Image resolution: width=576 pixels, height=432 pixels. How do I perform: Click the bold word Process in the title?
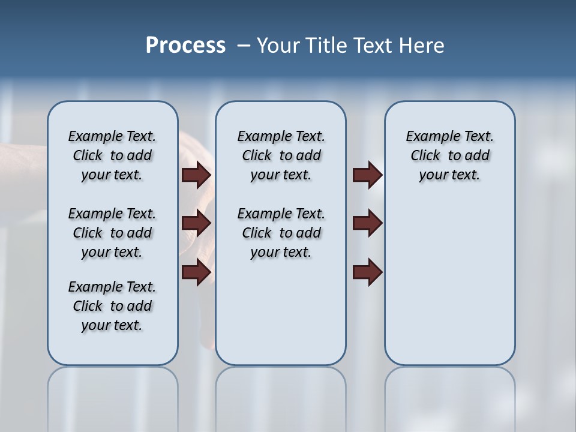pos(185,46)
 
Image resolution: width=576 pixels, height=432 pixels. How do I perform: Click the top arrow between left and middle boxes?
pos(196,175)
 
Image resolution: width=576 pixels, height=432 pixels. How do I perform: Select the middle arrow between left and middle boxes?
pos(196,224)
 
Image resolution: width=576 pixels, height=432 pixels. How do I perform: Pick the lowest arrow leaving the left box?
pos(196,272)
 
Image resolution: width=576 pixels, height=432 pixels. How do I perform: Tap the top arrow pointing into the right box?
pos(367,175)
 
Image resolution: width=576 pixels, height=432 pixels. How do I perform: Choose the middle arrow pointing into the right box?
pos(367,224)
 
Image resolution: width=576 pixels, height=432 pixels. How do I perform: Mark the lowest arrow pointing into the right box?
pos(367,272)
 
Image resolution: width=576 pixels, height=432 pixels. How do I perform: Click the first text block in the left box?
pos(112,155)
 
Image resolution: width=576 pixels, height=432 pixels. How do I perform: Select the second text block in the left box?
pos(112,233)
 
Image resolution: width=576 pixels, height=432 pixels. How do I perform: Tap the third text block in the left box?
pos(112,306)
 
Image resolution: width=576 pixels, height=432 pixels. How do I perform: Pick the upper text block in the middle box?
pos(281,155)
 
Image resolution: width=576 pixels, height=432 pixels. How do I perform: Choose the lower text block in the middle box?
pos(281,233)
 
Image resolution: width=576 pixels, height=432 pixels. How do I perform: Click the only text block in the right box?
pos(450,155)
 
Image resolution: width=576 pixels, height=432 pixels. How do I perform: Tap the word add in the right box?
pos(478,156)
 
